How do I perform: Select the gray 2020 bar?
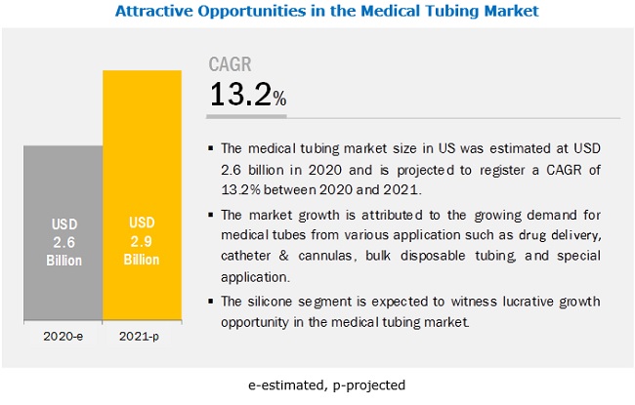[x=63, y=195]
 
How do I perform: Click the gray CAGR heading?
[x=232, y=65]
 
